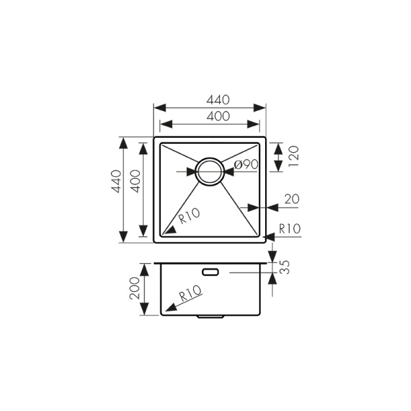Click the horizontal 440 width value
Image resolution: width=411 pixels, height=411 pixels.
[209, 100]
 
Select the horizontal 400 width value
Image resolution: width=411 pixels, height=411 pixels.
[209, 116]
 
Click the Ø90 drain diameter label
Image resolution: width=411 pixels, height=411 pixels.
[245, 164]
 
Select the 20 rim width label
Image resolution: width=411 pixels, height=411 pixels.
[290, 199]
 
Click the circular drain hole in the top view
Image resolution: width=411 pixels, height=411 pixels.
[209, 171]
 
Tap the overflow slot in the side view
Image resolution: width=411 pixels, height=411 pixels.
[210, 272]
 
